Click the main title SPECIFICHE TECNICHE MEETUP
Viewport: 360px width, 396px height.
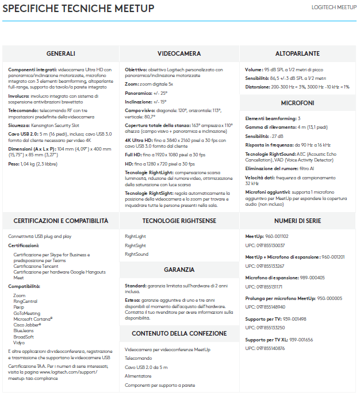point(79,8)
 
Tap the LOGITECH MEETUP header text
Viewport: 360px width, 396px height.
point(334,7)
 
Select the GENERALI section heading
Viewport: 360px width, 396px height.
point(60,53)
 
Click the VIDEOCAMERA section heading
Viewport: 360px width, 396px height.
point(179,53)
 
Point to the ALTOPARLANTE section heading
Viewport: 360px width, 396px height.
point(297,53)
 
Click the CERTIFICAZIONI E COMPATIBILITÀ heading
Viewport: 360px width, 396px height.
point(60,221)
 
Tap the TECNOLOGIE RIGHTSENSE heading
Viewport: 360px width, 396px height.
point(179,221)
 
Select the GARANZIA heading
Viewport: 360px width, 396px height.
point(179,270)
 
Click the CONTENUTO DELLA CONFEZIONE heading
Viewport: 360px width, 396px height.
point(179,333)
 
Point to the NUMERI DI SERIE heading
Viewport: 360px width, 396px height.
point(297,221)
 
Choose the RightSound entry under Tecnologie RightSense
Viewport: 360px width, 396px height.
point(136,253)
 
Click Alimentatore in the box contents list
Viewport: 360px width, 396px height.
point(139,376)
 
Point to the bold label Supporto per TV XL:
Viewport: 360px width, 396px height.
point(268,340)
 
